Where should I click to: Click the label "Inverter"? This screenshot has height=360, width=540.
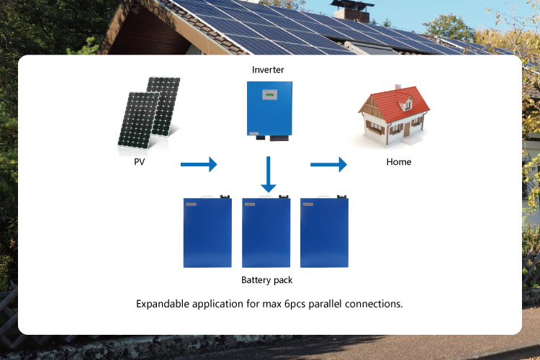pyautogui.click(x=269, y=70)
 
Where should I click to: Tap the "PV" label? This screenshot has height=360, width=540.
pyautogui.click(x=139, y=162)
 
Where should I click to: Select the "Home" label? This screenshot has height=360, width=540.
pyautogui.click(x=398, y=162)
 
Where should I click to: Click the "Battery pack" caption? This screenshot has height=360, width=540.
pyautogui.click(x=266, y=279)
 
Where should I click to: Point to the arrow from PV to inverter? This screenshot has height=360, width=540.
pyautogui.click(x=198, y=164)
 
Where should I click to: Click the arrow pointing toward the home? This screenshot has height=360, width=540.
pyautogui.click(x=328, y=164)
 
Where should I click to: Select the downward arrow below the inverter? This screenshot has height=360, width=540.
pyautogui.click(x=269, y=176)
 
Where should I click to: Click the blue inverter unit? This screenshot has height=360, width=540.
pyautogui.click(x=269, y=109)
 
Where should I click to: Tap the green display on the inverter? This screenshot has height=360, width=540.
pyautogui.click(x=269, y=94)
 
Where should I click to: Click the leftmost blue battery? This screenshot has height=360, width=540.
pyautogui.click(x=207, y=232)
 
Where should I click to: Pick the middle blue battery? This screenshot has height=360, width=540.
pyautogui.click(x=266, y=232)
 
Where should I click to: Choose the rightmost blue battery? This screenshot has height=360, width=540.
pyautogui.click(x=324, y=232)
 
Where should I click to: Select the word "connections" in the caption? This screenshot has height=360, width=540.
pyautogui.click(x=374, y=304)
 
